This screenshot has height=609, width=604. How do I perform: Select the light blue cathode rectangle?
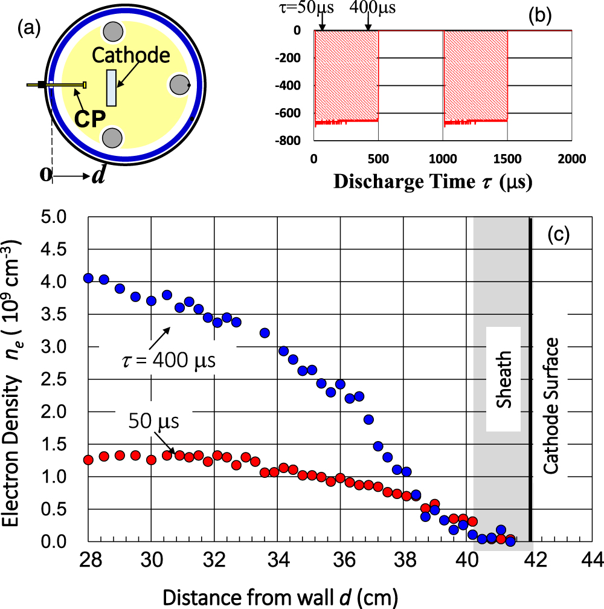[112, 88]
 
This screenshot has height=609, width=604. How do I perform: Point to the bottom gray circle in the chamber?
[112, 138]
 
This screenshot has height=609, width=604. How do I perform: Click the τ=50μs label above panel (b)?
[323, 8]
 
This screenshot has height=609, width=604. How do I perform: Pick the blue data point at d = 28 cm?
[88, 278]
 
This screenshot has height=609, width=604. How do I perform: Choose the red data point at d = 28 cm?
[88, 460]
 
